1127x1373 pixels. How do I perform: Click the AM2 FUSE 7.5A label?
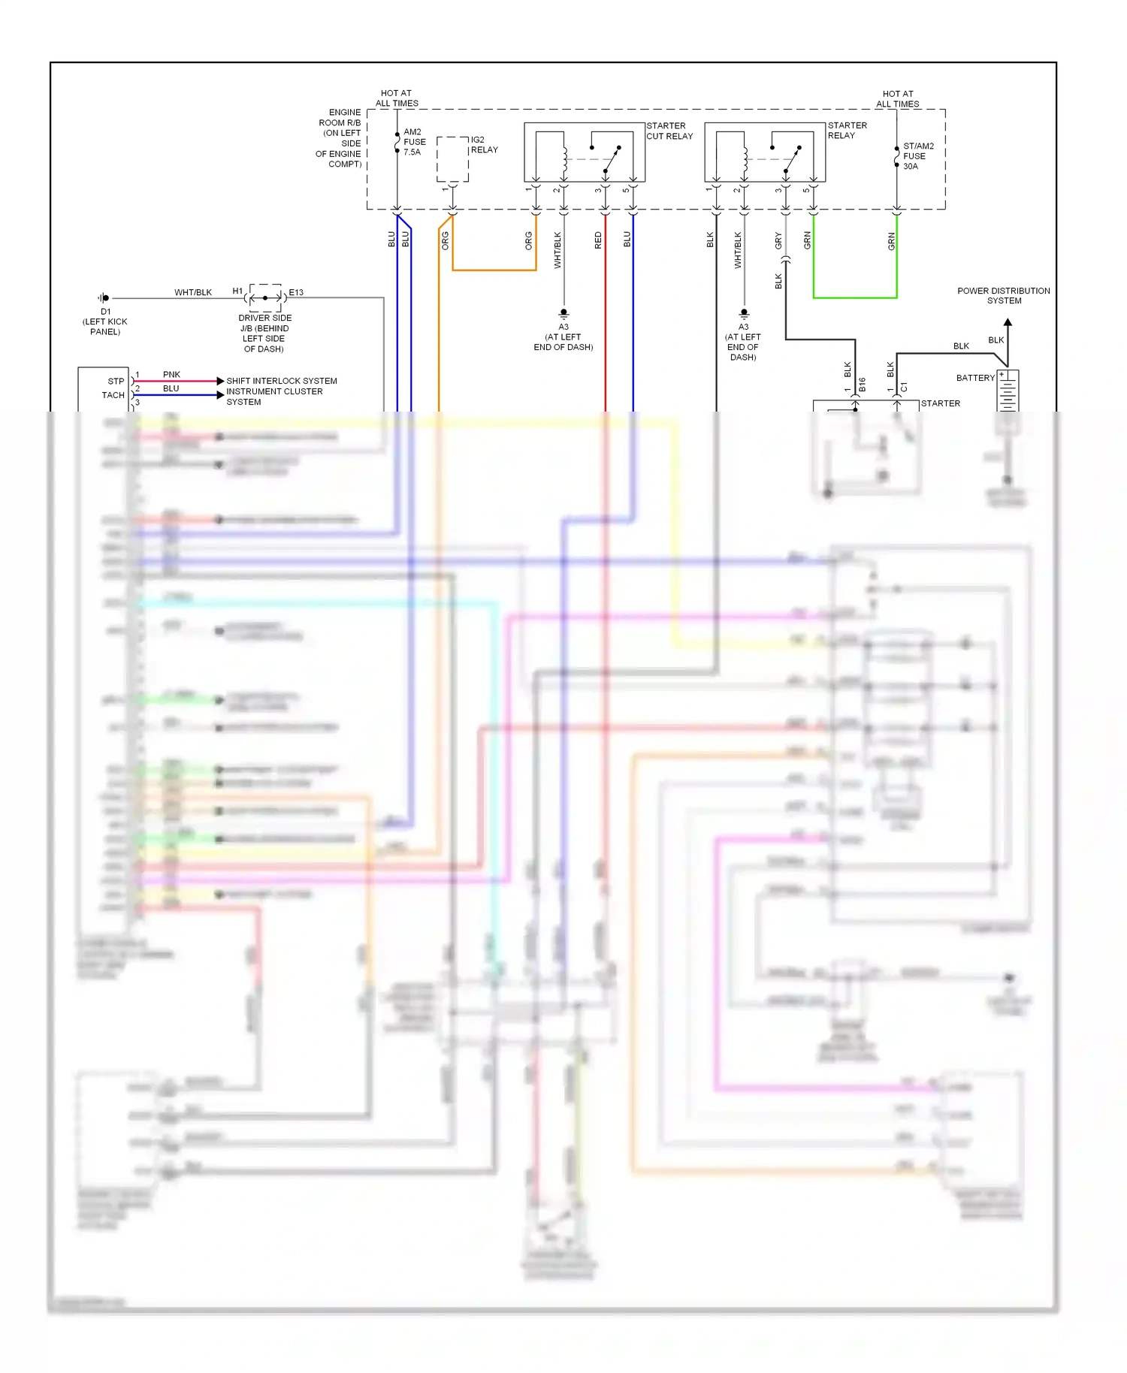(414, 142)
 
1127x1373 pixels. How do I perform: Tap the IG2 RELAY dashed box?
(452, 159)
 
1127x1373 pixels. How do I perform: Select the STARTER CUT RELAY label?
(669, 131)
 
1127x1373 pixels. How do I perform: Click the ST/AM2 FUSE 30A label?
(917, 156)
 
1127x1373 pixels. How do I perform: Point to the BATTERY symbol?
(1008, 391)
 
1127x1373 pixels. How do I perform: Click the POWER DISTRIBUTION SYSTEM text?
(1003, 295)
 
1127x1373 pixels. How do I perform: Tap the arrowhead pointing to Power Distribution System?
(1008, 323)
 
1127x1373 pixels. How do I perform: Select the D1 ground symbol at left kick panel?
(104, 298)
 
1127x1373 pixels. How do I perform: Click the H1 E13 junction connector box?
(265, 297)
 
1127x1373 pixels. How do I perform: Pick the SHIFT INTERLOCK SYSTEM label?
(282, 381)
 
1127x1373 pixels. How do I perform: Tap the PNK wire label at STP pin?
(171, 374)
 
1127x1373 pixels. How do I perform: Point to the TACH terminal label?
(113, 395)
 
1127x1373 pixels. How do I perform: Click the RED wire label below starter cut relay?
(598, 240)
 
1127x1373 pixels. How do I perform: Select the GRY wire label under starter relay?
(778, 240)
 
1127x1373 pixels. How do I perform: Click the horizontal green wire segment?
(855, 298)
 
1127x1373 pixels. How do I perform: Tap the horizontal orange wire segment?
(494, 270)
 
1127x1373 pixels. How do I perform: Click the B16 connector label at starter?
(863, 385)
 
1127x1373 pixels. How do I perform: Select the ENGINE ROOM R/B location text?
(340, 138)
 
